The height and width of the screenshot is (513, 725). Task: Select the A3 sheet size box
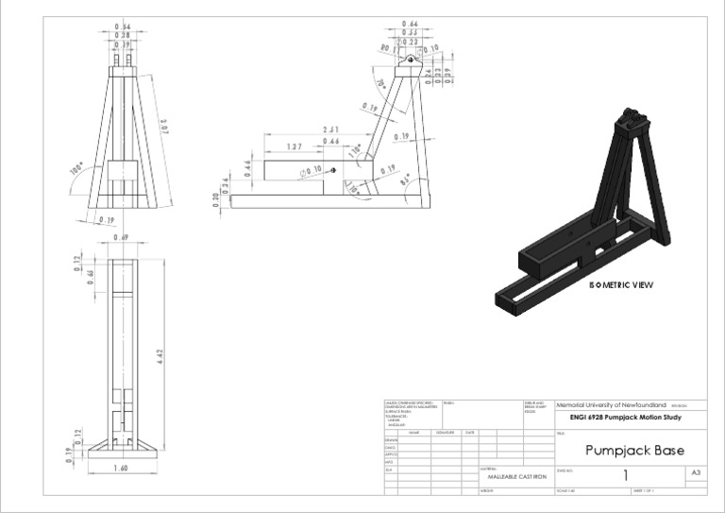click(x=696, y=471)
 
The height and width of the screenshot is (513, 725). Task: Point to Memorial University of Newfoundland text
click(x=614, y=403)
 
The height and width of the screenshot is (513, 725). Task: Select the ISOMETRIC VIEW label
click(x=620, y=284)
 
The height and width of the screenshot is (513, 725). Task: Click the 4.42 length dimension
click(x=160, y=356)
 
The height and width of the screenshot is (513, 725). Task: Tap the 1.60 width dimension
click(x=120, y=468)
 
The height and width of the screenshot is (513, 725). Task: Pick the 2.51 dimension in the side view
click(x=330, y=129)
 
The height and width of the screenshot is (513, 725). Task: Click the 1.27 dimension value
click(x=295, y=147)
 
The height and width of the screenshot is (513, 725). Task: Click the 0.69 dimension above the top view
click(x=121, y=238)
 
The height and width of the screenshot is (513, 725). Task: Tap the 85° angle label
click(x=405, y=177)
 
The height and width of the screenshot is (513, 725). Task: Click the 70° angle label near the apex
click(x=381, y=84)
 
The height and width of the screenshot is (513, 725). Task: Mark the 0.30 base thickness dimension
click(x=216, y=199)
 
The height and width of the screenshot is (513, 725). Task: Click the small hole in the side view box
click(x=332, y=170)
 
